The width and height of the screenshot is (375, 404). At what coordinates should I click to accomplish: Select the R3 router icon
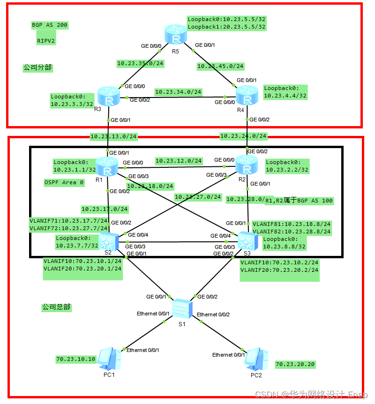pyautogui.click(x=109, y=96)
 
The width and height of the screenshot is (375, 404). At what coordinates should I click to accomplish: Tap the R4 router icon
pyautogui.click(x=247, y=97)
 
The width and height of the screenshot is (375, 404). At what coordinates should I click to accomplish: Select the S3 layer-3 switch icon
pyautogui.click(x=247, y=241)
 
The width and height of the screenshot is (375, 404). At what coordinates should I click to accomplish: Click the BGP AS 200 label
pyautogui.click(x=50, y=25)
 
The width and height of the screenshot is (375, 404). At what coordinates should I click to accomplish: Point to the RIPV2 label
pyautogui.click(x=46, y=41)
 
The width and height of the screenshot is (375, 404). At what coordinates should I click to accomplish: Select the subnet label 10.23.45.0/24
pyautogui.click(x=220, y=66)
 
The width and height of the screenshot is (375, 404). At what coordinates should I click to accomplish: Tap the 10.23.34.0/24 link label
pyautogui.click(x=178, y=92)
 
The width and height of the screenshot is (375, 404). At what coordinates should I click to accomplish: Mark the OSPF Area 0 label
pyautogui.click(x=64, y=183)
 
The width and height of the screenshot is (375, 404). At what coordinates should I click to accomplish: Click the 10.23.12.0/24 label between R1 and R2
pyautogui.click(x=179, y=161)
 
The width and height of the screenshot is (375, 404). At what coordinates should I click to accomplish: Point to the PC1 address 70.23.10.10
pyautogui.click(x=75, y=359)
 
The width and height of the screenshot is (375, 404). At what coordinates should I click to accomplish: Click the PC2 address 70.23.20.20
pyautogui.click(x=295, y=364)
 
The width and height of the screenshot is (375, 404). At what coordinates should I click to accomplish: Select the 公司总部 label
pyautogui.click(x=56, y=307)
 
